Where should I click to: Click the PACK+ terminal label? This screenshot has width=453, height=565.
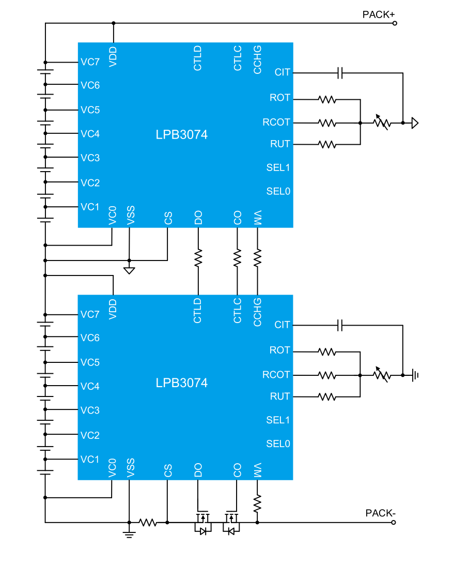[378, 14]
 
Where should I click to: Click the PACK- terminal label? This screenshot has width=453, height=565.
[380, 513]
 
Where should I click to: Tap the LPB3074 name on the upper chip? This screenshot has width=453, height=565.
[182, 135]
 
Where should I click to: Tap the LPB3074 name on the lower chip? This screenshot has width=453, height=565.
[182, 383]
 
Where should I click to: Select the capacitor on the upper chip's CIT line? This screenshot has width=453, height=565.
[340, 73]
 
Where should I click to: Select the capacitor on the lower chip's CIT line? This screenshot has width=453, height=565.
[340, 325]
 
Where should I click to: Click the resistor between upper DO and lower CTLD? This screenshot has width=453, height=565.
[198, 257]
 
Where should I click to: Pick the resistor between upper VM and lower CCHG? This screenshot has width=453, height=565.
[258, 257]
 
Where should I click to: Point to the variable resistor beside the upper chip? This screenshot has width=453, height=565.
[382, 123]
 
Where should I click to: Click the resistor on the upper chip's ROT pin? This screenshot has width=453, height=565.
[327, 99]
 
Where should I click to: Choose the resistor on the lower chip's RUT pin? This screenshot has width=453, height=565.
[327, 396]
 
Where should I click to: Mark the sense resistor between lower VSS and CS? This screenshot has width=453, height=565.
[148, 523]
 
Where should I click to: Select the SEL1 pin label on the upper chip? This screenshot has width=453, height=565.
[278, 167]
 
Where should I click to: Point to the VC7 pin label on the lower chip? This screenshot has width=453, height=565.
[90, 314]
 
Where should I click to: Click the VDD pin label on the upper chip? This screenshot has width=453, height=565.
[113, 56]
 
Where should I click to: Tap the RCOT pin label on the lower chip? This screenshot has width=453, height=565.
[276, 374]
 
